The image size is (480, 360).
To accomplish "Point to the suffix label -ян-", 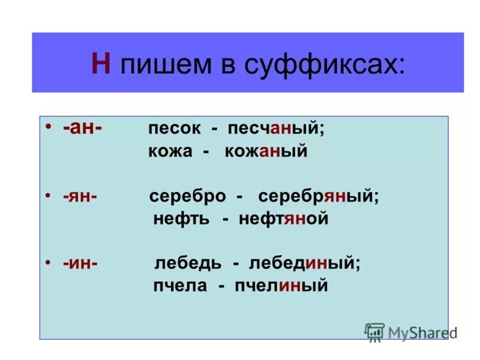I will [78, 196].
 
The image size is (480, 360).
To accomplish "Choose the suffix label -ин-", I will [79, 263].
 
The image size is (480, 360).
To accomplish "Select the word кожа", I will [170, 152].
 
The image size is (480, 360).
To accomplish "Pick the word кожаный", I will [266, 152].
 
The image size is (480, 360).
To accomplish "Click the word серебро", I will [187, 197].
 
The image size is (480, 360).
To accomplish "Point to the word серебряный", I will [318, 197].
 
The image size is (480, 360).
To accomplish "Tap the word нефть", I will [181, 218].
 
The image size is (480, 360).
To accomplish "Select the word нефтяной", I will [283, 218].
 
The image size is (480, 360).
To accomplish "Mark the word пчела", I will [179, 286].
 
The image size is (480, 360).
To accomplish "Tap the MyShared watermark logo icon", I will [374, 332].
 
